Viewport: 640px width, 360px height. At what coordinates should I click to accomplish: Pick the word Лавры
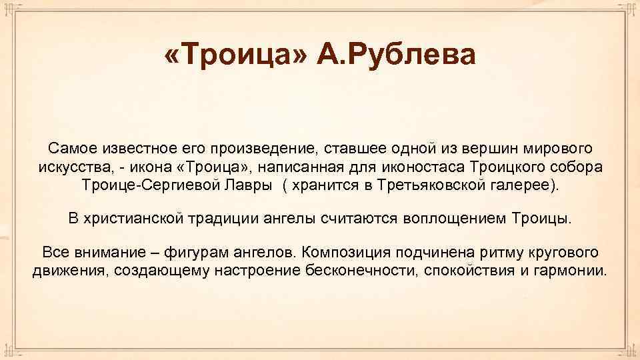[x=243, y=185]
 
